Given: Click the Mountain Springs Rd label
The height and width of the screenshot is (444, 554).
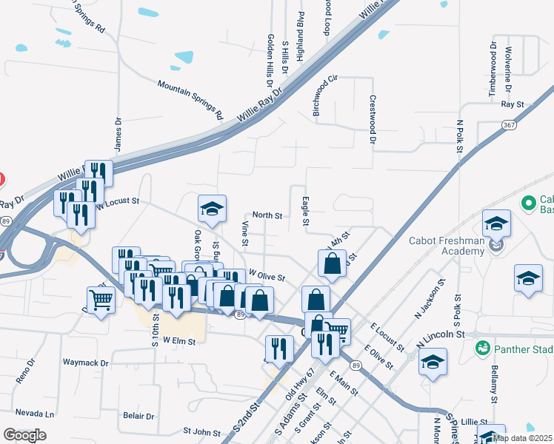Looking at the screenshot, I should pos(190,100).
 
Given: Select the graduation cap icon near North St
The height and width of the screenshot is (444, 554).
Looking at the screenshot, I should pos(211,210).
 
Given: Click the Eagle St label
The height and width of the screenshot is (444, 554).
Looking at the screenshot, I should pos(305,209).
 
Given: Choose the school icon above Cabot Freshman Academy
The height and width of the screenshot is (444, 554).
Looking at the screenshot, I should pos(496,223).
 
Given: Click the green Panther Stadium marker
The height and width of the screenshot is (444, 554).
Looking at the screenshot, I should pos(482,346).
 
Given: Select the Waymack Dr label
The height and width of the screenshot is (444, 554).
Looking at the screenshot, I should pos(86,363).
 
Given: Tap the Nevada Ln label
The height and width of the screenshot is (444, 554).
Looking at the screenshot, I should pos(35,413).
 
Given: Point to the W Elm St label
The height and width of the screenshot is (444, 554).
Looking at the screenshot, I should pos(179,341).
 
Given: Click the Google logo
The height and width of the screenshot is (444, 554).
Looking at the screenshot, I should pos(25,434).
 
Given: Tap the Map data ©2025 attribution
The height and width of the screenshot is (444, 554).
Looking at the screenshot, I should pos(521,437).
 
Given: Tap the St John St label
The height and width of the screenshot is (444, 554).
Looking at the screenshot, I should pos(202,431).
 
